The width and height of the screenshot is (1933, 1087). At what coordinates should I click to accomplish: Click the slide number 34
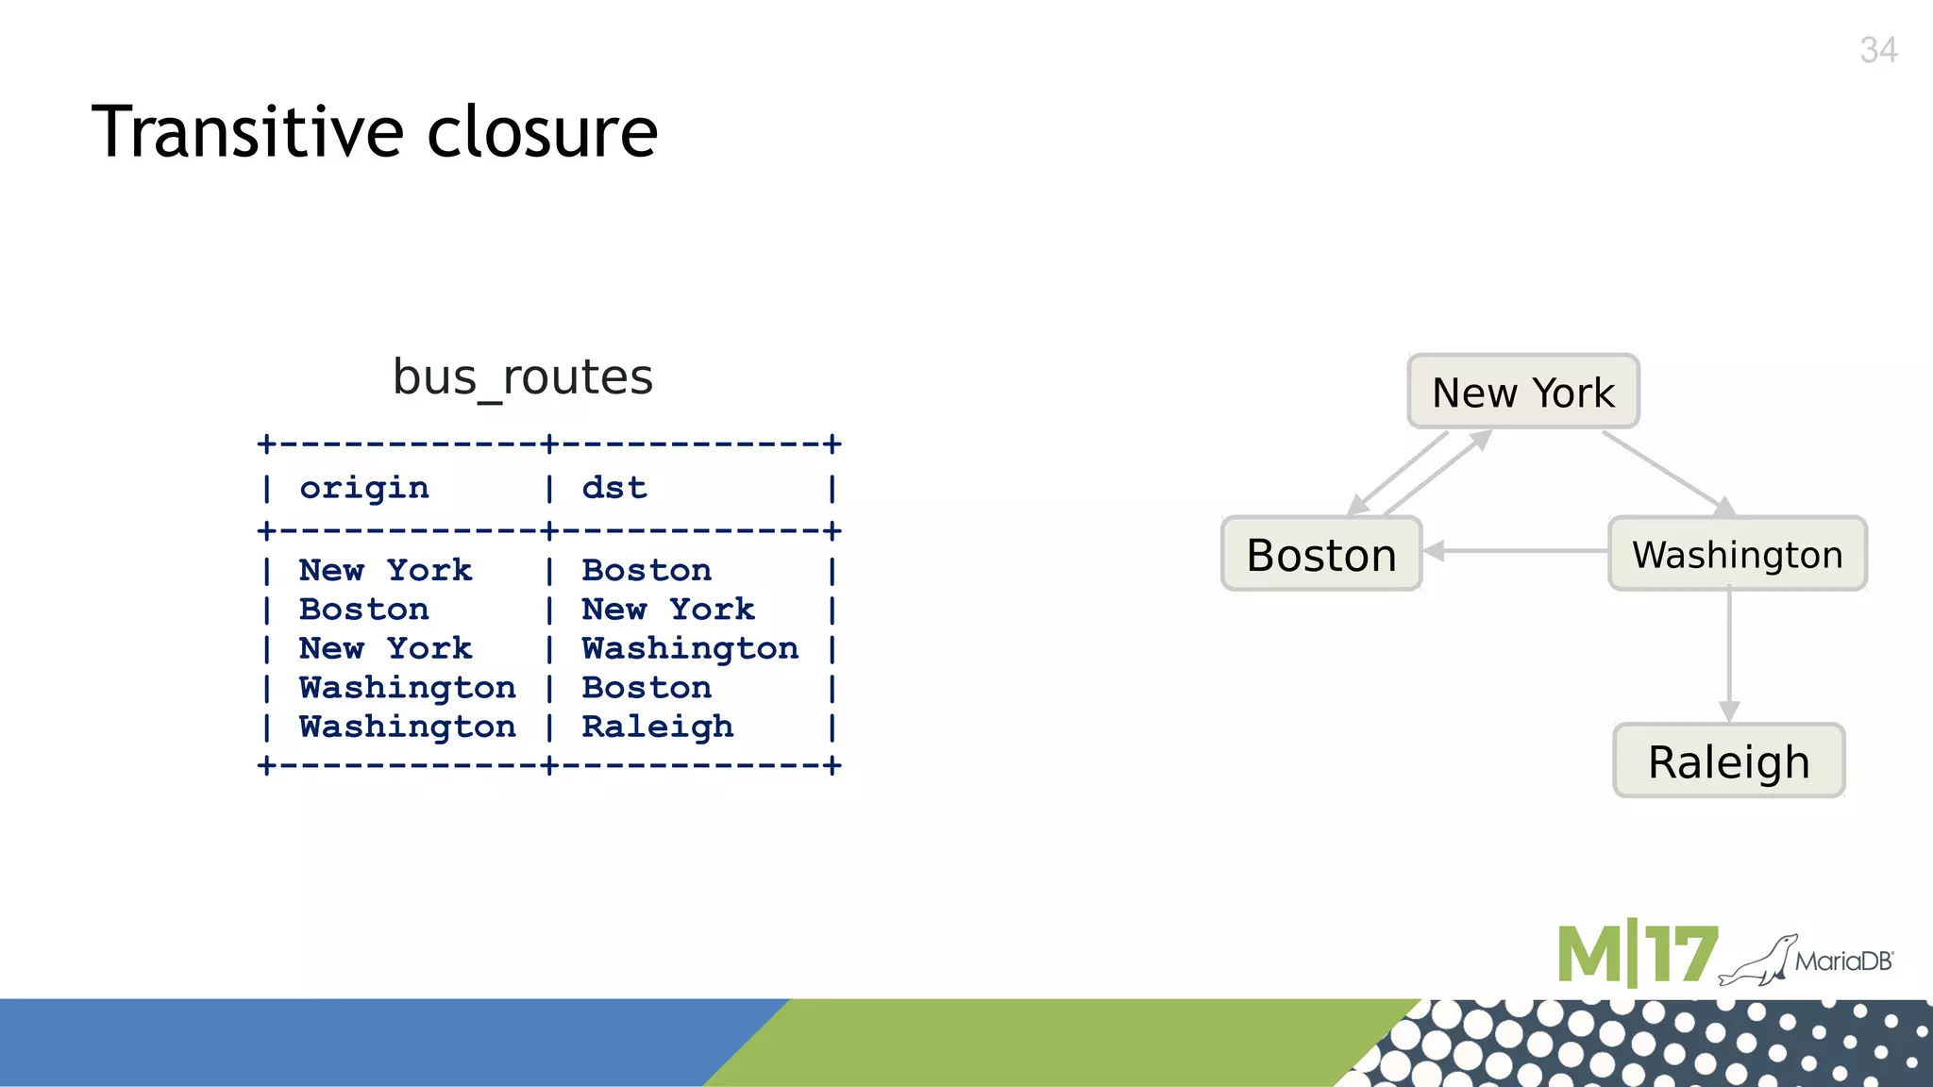(1877, 50)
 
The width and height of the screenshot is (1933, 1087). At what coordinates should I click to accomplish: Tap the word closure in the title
(542, 132)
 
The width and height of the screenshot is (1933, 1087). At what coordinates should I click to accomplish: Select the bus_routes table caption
(522, 377)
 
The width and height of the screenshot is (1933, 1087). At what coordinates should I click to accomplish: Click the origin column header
(364, 488)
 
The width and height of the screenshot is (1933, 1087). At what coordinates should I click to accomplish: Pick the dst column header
(614, 488)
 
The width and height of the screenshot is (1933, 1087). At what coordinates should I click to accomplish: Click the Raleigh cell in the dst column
(657, 727)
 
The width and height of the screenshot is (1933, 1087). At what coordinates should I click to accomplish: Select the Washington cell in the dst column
(690, 648)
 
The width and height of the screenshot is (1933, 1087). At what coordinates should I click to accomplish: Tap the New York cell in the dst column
(668, 610)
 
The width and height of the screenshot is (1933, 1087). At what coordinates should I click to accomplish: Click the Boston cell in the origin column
(364, 610)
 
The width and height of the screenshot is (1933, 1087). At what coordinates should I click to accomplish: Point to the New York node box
(1522, 392)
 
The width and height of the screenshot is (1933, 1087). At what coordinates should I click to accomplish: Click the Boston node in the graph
(1321, 554)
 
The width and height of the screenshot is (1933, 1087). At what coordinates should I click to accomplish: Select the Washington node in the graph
(1737, 554)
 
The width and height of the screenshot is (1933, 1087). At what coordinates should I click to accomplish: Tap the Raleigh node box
(1728, 761)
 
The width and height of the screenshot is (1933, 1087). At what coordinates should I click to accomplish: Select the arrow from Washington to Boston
(1516, 551)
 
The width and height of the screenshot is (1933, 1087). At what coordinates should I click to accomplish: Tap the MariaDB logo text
(1843, 962)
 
